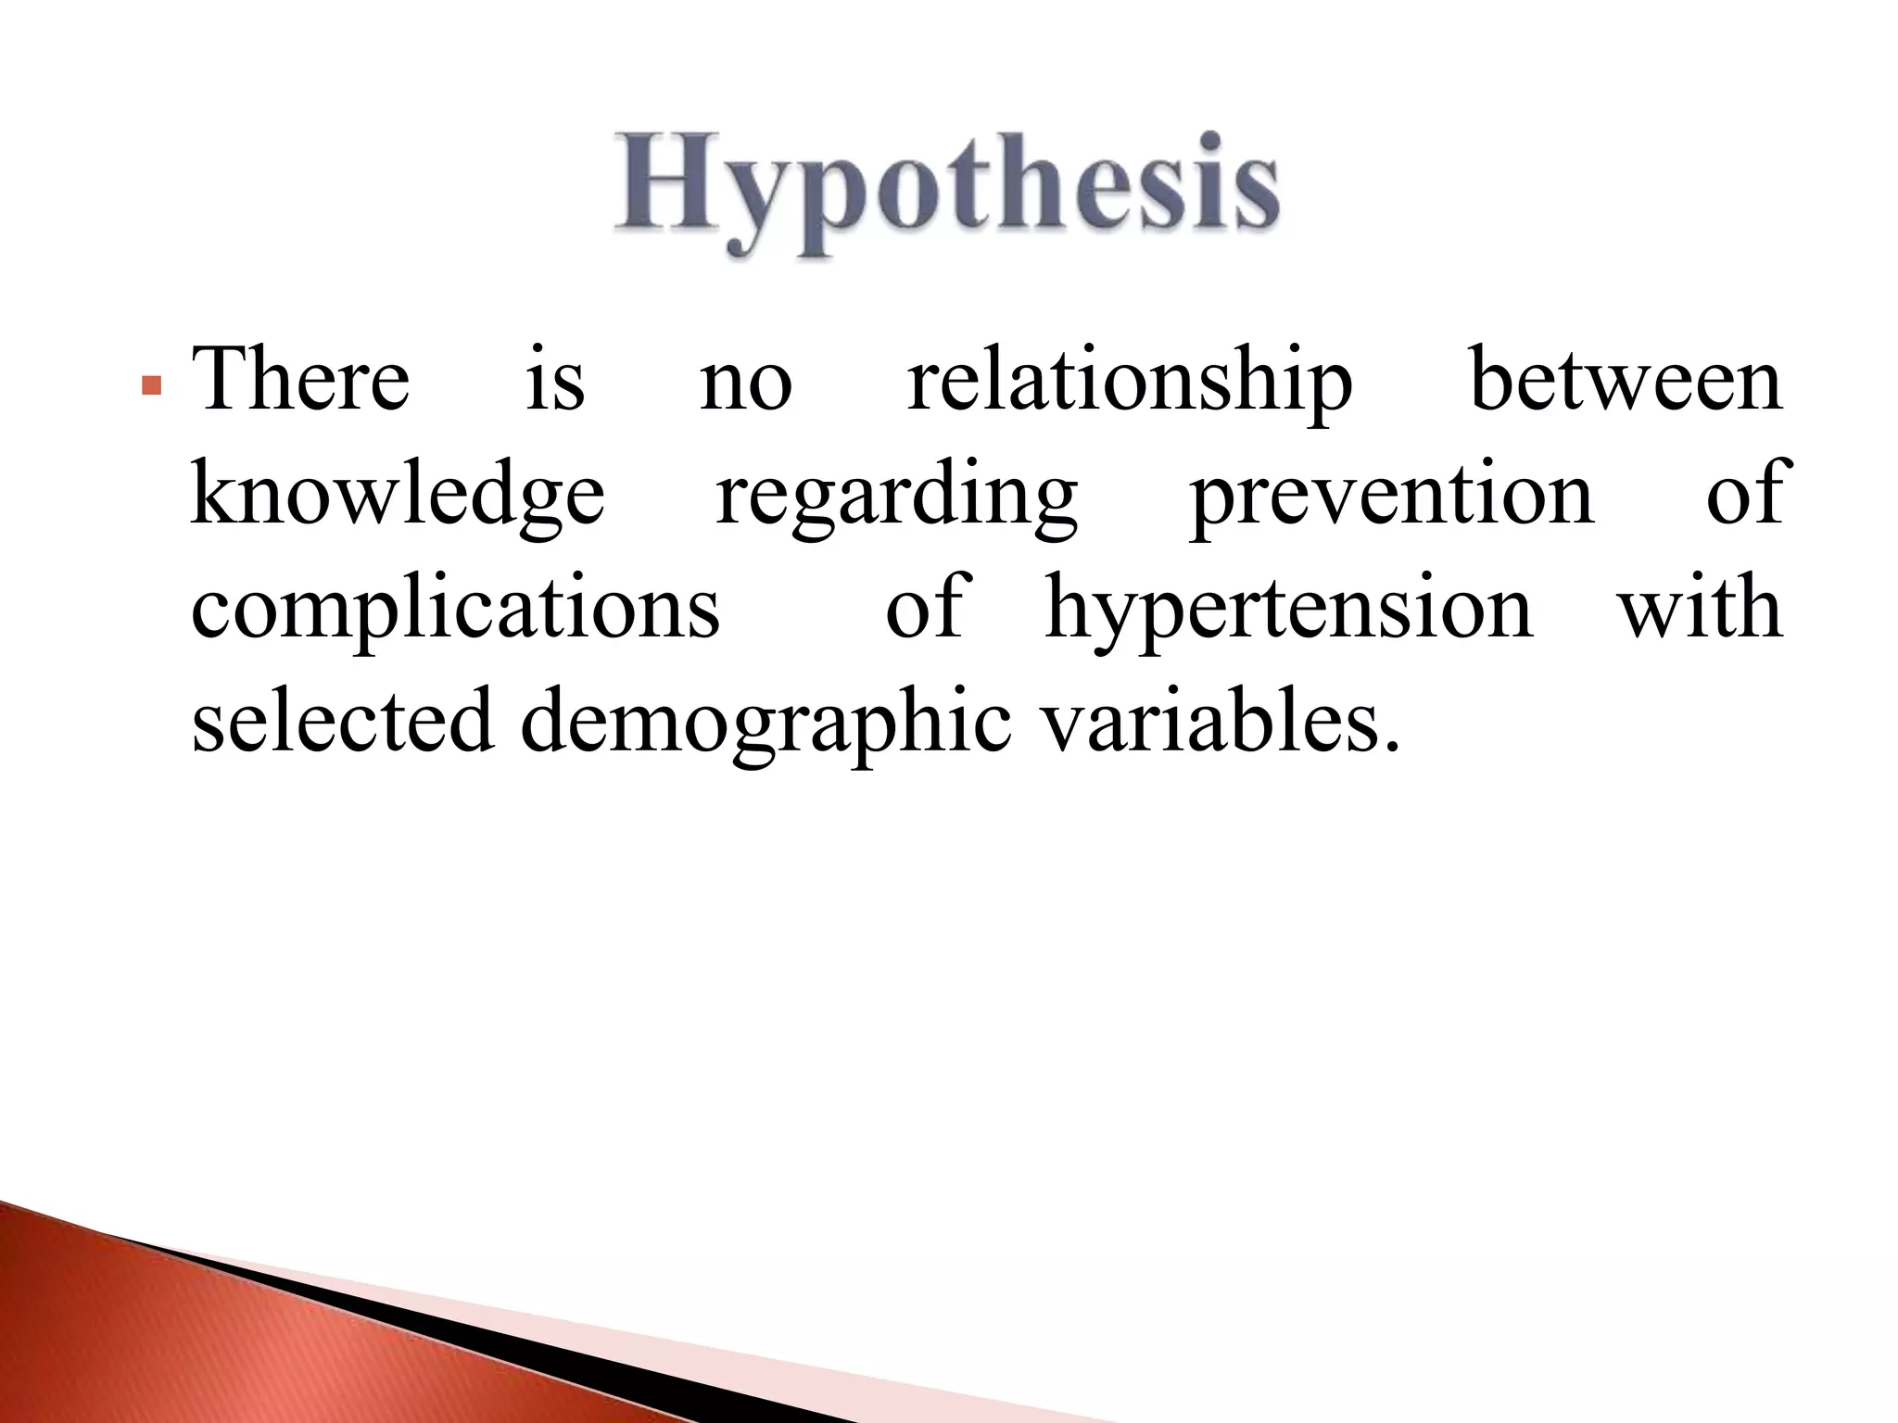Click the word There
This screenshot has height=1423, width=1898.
pos(300,380)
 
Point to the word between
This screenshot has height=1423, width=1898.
pos(1626,380)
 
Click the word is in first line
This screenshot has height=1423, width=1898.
pos(555,382)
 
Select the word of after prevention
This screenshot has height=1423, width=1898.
pos(1744,494)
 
